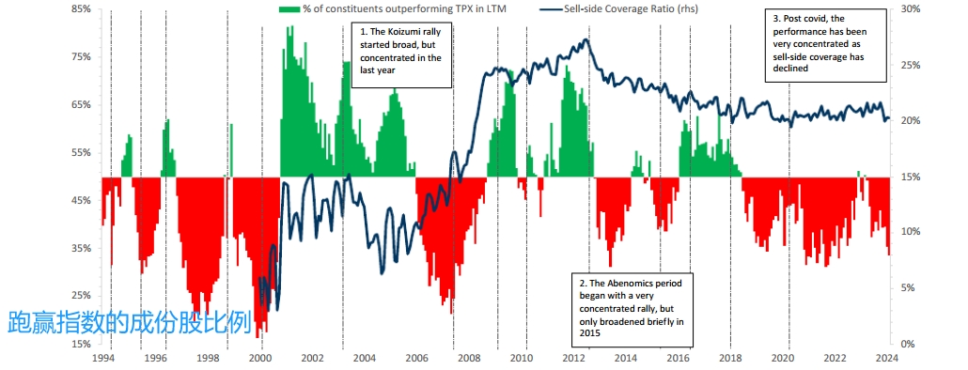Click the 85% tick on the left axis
pyautogui.click(x=83, y=9)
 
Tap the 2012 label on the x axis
pyautogui.click(x=574, y=358)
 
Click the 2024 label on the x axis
pyautogui.click(x=887, y=358)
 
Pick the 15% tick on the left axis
pyautogui.click(x=83, y=344)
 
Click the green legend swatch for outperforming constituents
pyautogui.click(x=289, y=9)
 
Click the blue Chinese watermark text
pyautogui.click(x=130, y=322)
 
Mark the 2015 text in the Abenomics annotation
pyautogui.click(x=589, y=333)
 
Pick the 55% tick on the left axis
pyautogui.click(x=83, y=152)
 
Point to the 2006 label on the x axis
pyautogui.click(x=417, y=358)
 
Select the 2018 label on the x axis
pyautogui.click(x=731, y=358)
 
